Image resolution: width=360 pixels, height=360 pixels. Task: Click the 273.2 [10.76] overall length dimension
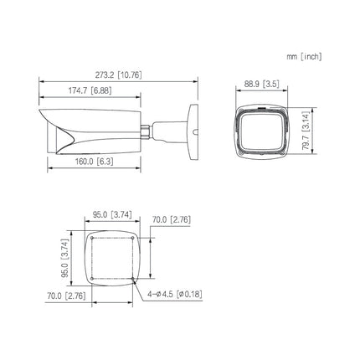[118, 75]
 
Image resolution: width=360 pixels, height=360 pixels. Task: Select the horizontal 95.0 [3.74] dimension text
[111, 214]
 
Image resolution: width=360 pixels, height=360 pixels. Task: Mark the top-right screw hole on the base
[130, 237]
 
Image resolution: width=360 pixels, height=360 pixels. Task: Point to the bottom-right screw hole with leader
[130, 276]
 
